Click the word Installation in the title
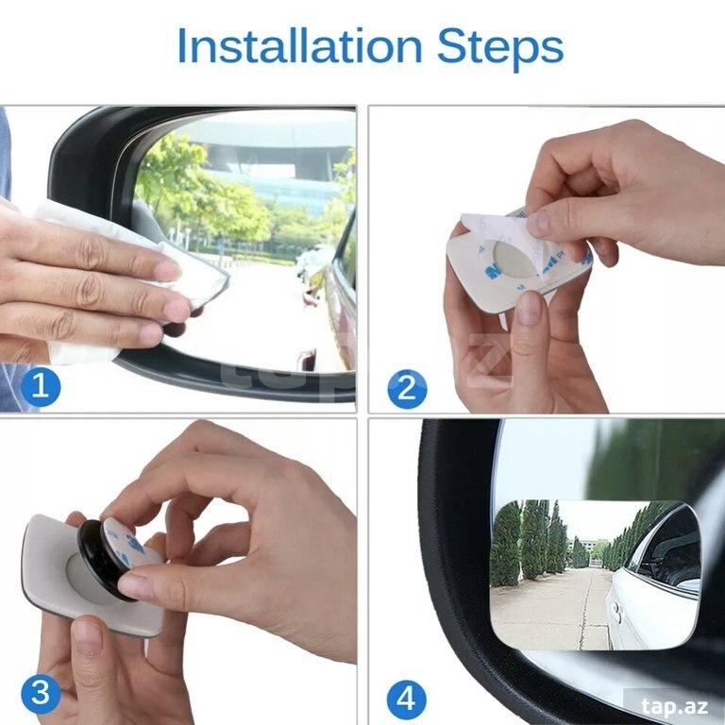299,45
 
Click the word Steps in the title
500,48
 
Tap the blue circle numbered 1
41,386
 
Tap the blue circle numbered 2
407,389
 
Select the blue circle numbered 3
41,694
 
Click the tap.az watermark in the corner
675,706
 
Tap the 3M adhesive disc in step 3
127,546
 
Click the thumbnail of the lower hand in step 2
529,309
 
